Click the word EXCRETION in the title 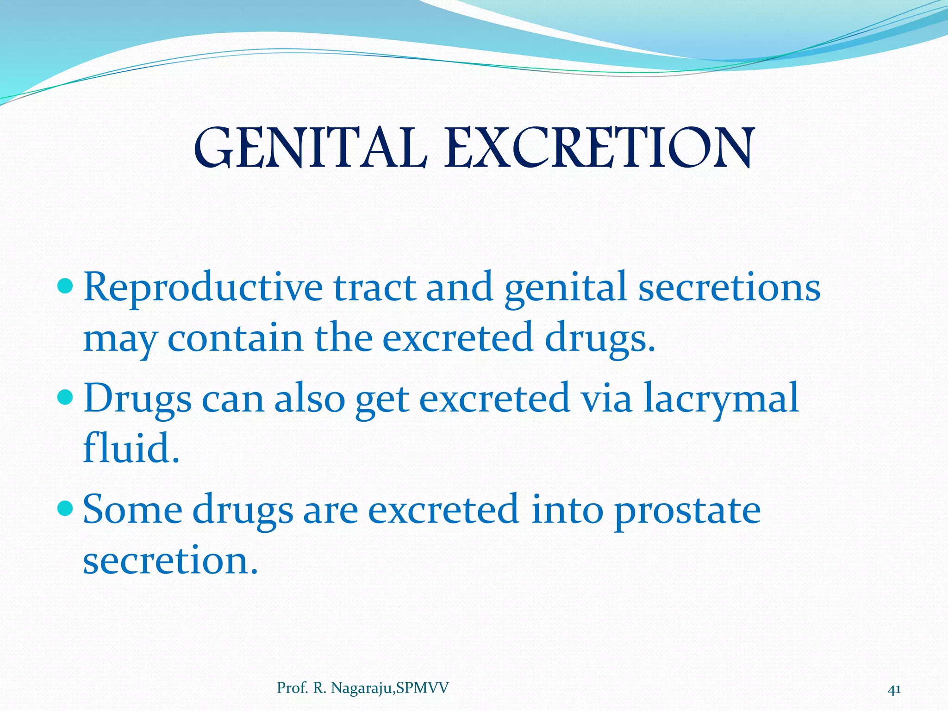[x=599, y=149]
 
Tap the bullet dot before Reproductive [x=66, y=287]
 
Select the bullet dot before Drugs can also [x=66, y=398]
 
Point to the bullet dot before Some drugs [x=66, y=509]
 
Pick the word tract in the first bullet [x=374, y=288]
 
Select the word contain [x=235, y=338]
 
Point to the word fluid [x=131, y=448]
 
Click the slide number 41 [x=894, y=690]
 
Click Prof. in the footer [x=293, y=688]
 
